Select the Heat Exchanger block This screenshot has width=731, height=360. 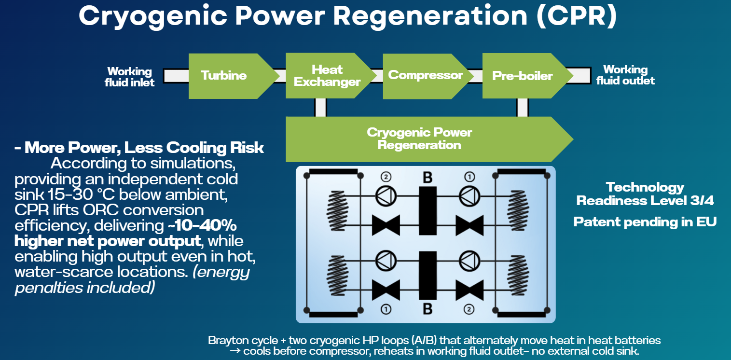[x=327, y=76]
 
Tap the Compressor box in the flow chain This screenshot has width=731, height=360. [x=425, y=76]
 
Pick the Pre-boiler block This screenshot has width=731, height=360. [x=522, y=76]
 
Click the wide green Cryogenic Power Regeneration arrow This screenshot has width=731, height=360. [x=419, y=139]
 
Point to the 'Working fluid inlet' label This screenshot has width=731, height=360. [x=130, y=77]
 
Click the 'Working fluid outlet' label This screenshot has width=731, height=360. [x=625, y=75]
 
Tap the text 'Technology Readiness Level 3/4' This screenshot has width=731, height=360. [x=645, y=194]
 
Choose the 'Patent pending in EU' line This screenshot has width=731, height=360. [x=645, y=222]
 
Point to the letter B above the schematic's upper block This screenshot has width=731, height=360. [x=428, y=178]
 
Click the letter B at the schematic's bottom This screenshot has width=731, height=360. [x=428, y=309]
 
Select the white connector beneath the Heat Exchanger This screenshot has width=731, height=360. [x=320, y=107]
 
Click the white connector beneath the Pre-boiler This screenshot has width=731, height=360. [x=522, y=107]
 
